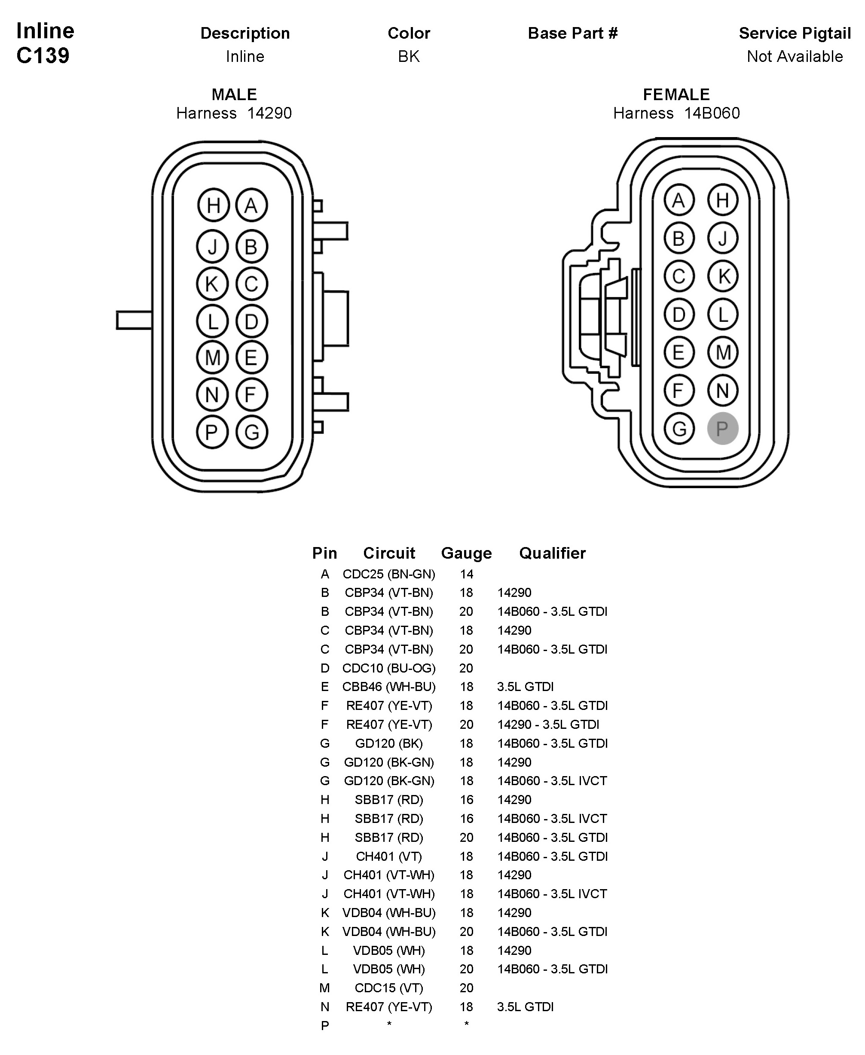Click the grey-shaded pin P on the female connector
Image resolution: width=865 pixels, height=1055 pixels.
[x=722, y=428]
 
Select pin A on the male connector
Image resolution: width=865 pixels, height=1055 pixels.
[x=251, y=205]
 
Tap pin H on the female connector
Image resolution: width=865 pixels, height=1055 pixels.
[x=722, y=200]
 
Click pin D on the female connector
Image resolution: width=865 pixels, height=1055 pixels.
[x=679, y=315]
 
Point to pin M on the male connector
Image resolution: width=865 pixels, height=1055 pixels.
[x=212, y=357]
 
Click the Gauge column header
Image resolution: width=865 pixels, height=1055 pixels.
[x=466, y=553]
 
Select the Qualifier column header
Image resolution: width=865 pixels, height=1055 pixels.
[x=552, y=553]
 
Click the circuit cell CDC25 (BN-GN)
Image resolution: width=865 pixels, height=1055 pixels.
[x=388, y=574]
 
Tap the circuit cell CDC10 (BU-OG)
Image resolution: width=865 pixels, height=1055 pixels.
[x=388, y=668]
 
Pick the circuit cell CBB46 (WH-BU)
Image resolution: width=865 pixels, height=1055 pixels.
[x=388, y=687]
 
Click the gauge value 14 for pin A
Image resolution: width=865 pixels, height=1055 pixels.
[x=466, y=574]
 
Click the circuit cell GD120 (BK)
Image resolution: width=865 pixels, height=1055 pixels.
[x=388, y=743]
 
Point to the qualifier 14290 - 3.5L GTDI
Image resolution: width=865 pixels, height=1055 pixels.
[x=548, y=725]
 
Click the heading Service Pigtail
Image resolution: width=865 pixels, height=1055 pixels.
[x=795, y=34]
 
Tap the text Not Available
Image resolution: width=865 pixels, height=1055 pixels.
[x=795, y=56]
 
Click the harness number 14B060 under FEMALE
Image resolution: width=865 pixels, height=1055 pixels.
[x=712, y=113]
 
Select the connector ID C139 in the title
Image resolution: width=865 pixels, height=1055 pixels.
[x=43, y=56]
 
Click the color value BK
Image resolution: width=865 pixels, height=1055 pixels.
[x=409, y=56]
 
